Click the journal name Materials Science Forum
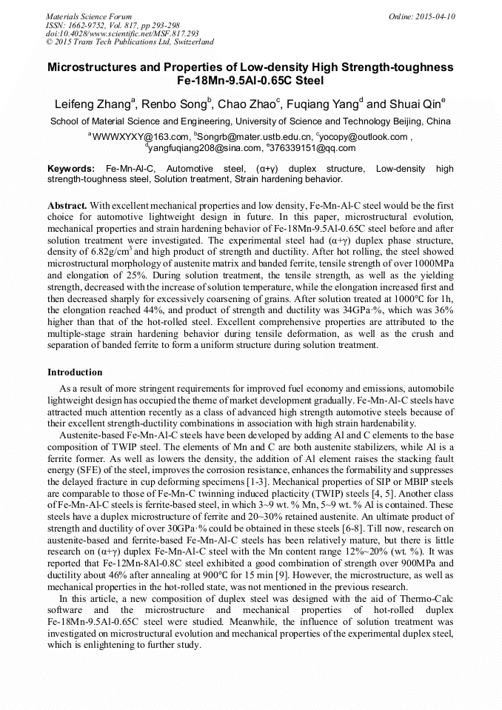click(x=89, y=16)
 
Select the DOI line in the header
click(x=122, y=33)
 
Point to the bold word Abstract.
click(x=68, y=204)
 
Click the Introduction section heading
click(x=75, y=372)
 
